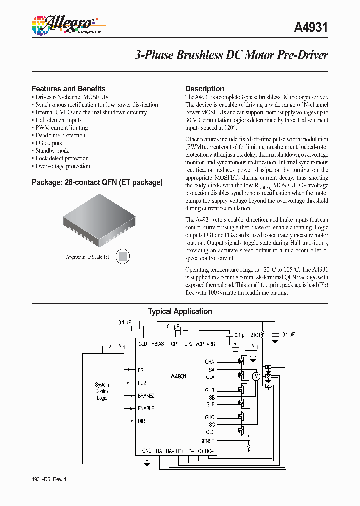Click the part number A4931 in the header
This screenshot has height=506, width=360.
click(x=311, y=28)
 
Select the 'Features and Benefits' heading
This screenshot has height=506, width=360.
click(x=68, y=89)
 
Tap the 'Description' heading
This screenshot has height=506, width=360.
click(x=205, y=89)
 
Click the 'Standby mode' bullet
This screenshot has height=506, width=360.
click(x=52, y=151)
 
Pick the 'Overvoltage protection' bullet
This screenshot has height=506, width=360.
click(x=63, y=166)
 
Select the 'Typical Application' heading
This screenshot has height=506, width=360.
click(x=180, y=311)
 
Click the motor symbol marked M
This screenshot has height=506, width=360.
click(x=256, y=376)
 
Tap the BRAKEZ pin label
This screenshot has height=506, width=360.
click(x=146, y=396)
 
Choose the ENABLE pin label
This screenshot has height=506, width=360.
click(x=146, y=408)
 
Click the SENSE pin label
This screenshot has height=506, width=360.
click(x=207, y=441)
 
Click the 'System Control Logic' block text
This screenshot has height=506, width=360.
click(x=102, y=391)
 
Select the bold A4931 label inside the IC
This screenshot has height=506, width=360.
click(x=178, y=377)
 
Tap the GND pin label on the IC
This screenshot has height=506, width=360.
click(x=147, y=451)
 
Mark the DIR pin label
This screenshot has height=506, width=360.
click(x=141, y=421)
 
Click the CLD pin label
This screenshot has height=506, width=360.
click(x=143, y=344)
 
